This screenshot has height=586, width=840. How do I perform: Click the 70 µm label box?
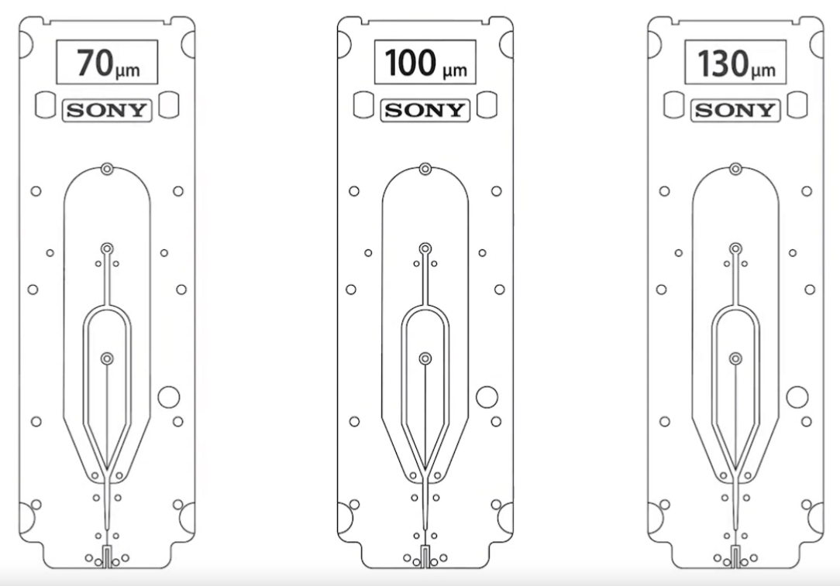(107, 62)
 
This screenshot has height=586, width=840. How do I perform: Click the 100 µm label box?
(425, 62)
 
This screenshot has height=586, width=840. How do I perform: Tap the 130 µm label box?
(735, 62)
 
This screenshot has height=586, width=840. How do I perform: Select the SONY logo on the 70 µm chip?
(107, 110)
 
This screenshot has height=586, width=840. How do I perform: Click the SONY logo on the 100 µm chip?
(425, 110)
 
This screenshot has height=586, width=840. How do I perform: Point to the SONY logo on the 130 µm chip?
(735, 110)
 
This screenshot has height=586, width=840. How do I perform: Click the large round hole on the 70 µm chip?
(169, 397)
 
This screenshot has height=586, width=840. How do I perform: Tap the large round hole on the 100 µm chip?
(487, 397)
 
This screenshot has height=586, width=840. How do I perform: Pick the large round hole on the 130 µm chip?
(797, 397)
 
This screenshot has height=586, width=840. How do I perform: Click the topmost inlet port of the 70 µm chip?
(107, 169)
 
